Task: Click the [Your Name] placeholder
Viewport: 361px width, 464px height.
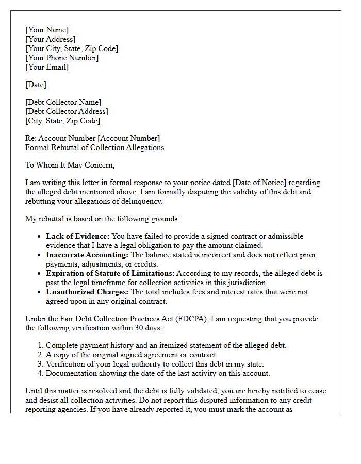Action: (47, 30)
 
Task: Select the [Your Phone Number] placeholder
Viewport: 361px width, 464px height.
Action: (62, 58)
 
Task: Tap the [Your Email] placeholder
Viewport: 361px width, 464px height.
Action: (47, 67)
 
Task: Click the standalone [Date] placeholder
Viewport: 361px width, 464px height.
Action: (36, 85)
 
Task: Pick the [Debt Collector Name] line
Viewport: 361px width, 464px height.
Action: (63, 102)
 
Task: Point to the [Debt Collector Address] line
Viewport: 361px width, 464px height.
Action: (67, 111)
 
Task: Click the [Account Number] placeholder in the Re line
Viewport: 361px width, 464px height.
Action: (129, 138)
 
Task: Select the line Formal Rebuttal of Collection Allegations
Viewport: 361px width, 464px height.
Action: (94, 147)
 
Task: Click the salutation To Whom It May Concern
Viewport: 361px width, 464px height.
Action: (70, 165)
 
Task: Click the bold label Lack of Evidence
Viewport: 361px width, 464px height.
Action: (77, 236)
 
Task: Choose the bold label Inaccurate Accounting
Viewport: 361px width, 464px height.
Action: (87, 255)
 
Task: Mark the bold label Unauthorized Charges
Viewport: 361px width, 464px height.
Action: (87, 292)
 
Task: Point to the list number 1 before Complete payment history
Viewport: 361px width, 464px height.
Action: (41, 345)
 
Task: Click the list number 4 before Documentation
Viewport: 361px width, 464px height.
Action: (41, 373)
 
